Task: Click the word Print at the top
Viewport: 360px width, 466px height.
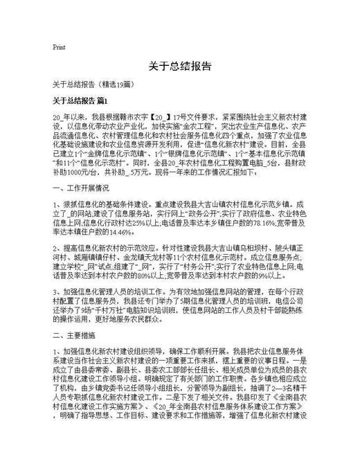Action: click(x=59, y=47)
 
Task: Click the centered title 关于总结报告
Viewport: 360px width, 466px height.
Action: click(x=180, y=67)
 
